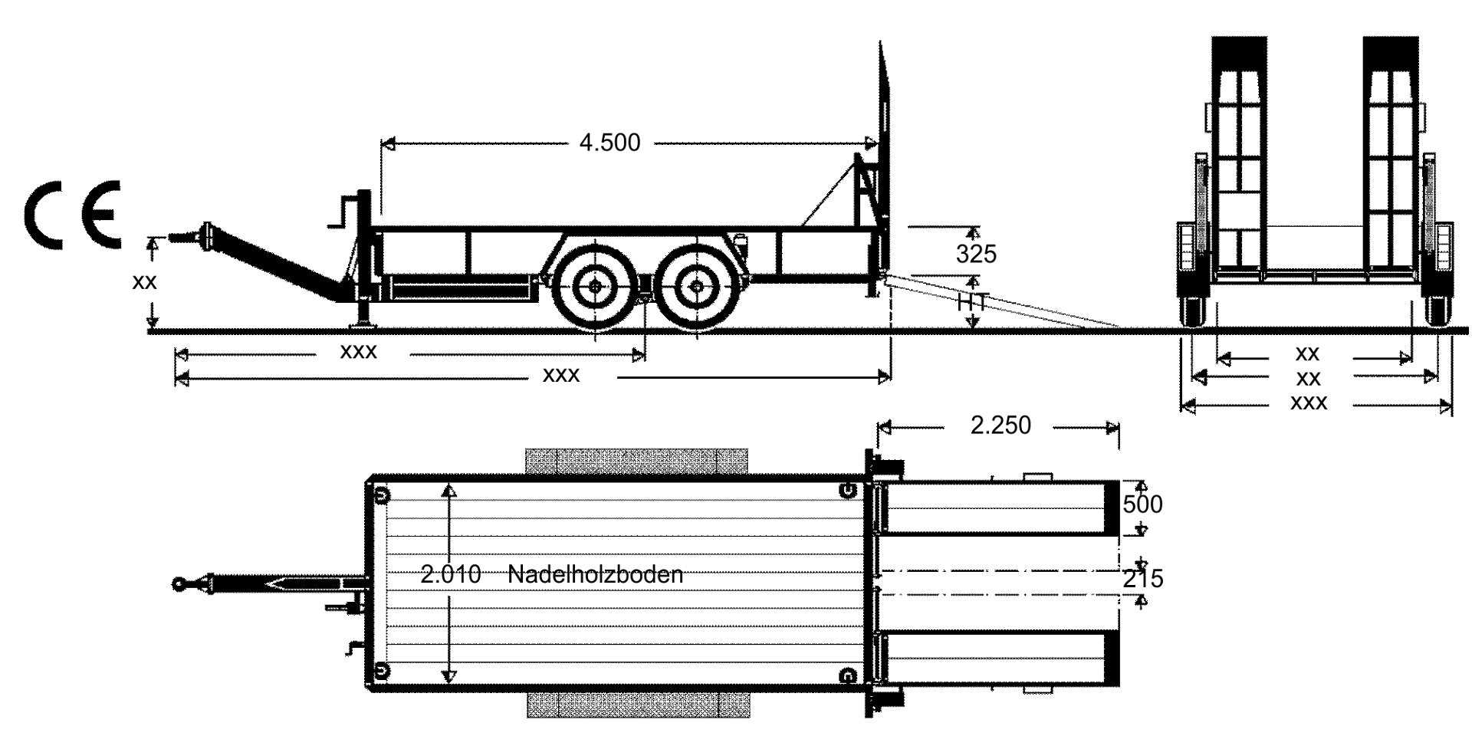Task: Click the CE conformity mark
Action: [x=75, y=215]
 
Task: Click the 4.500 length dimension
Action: [x=609, y=143]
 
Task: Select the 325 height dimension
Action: [x=976, y=254]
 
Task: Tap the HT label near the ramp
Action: [x=972, y=302]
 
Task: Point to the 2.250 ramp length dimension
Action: [x=1001, y=426]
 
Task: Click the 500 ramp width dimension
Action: [x=1142, y=504]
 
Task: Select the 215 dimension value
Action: [x=1143, y=579]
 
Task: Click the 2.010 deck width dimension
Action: [x=451, y=574]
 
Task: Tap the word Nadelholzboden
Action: [x=596, y=574]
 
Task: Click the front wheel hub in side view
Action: [x=596, y=286]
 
